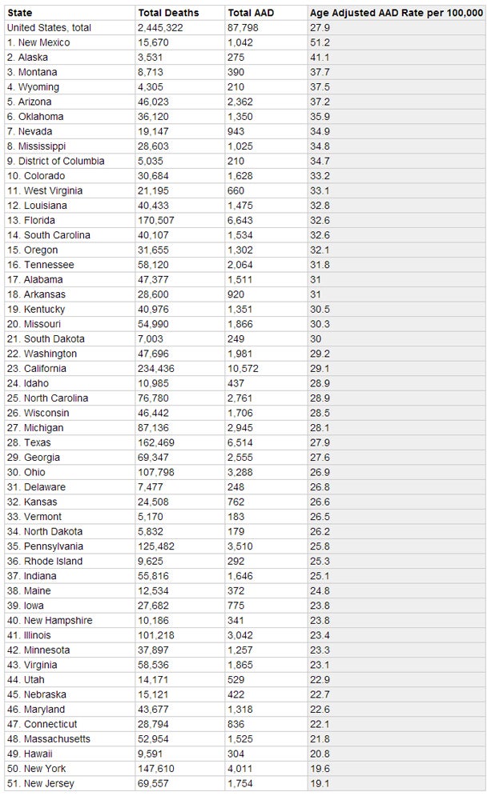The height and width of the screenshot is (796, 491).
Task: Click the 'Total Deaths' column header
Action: pyautogui.click(x=168, y=13)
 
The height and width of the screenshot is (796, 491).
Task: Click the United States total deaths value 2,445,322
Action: pyautogui.click(x=162, y=28)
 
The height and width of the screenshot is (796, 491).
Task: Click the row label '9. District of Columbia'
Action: pyautogui.click(x=55, y=162)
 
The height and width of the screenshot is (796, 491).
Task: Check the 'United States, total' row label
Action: pyautogui.click(x=48, y=28)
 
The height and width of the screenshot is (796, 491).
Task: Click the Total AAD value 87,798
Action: pyautogui.click(x=243, y=28)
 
